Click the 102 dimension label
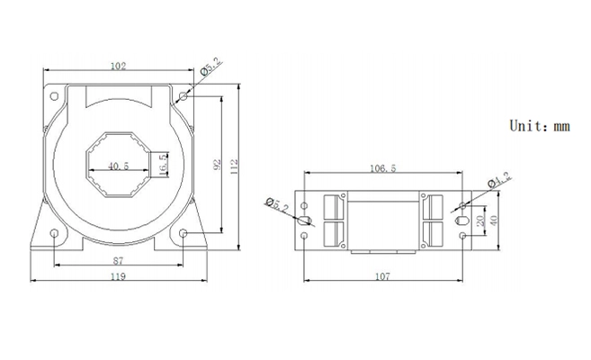point(118,66)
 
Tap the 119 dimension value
point(118,276)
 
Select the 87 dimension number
point(119,260)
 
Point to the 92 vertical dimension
point(217,165)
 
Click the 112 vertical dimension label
point(234,166)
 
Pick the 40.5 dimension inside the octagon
point(119,166)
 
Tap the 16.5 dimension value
point(163,165)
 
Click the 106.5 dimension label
point(383,168)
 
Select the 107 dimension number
point(382,276)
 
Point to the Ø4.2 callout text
point(499,179)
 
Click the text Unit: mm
point(540,125)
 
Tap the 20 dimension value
point(480,220)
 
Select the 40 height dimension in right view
point(493,220)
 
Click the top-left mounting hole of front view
point(54,96)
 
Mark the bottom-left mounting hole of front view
point(54,233)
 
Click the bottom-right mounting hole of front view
point(184,233)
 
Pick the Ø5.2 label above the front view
point(211,67)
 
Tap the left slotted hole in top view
point(304,220)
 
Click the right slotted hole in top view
point(461,220)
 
